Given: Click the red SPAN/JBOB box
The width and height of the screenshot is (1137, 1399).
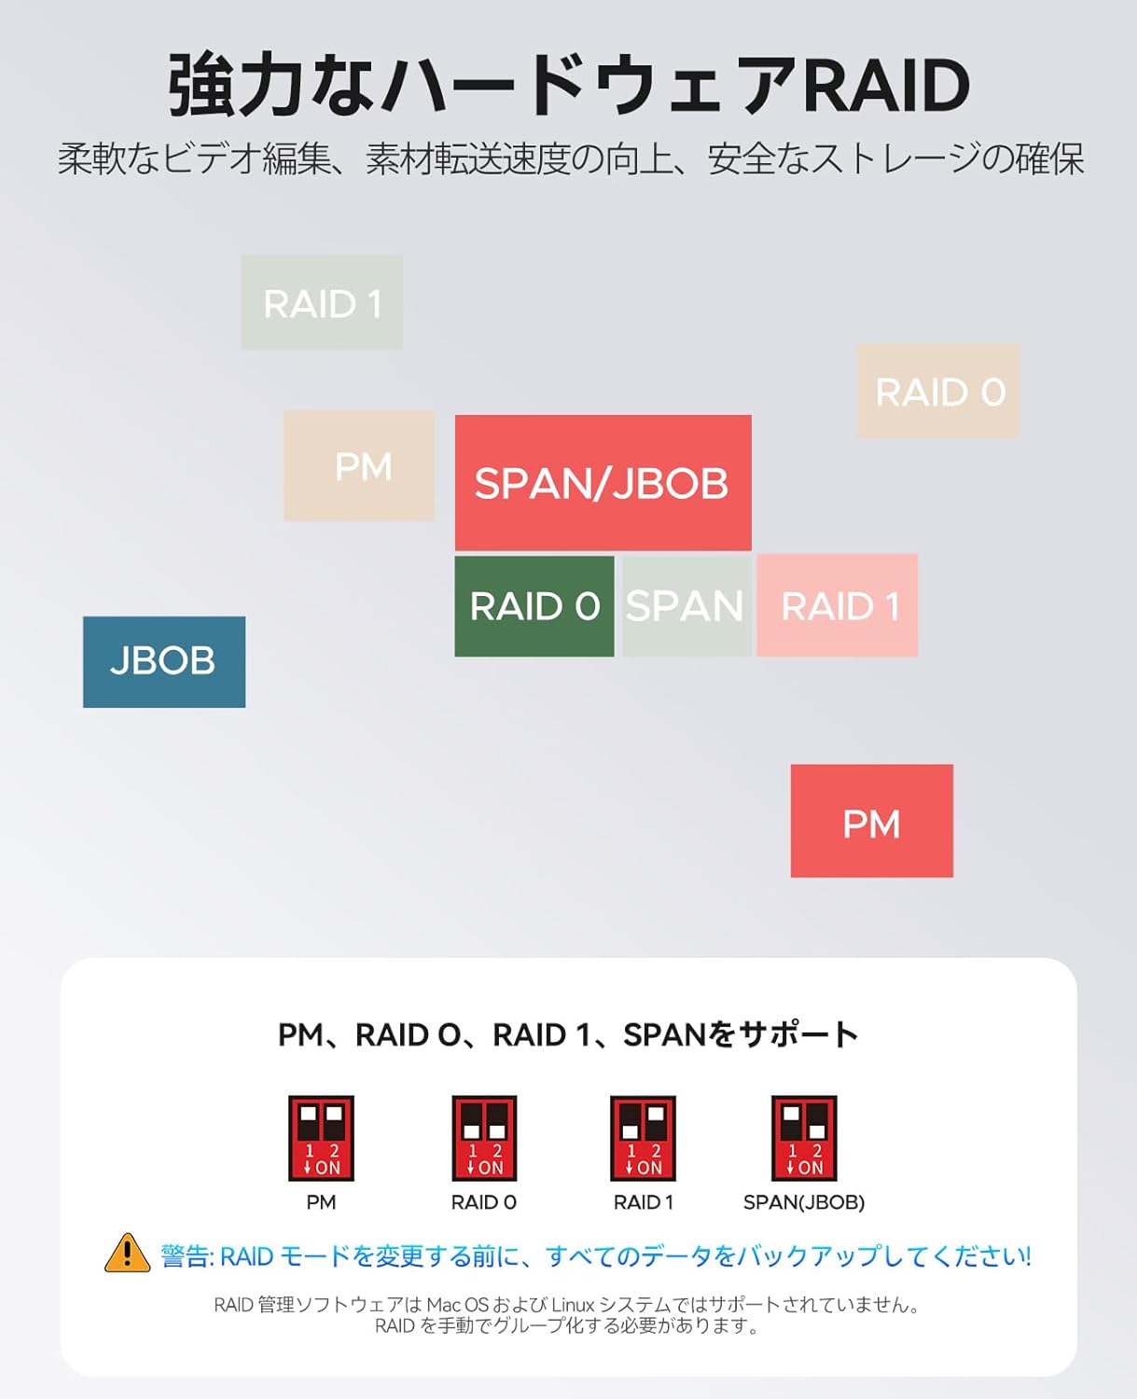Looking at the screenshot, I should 603,482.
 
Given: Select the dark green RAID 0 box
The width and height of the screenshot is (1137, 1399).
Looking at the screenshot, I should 534,606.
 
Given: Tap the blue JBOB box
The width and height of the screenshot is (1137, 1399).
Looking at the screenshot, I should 164,661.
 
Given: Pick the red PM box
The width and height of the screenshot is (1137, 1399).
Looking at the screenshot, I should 871,821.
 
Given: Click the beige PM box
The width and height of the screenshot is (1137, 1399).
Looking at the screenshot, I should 359,465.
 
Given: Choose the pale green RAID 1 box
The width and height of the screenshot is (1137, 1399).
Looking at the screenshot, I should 322,302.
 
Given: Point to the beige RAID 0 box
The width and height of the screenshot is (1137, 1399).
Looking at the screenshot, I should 937,390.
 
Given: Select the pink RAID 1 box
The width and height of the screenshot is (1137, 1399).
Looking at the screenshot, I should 837,605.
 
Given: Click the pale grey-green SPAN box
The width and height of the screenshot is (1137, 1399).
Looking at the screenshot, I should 686,605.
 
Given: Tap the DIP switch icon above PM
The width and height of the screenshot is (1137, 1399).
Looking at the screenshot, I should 321,1138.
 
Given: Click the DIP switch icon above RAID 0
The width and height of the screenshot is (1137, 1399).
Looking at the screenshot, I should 484,1138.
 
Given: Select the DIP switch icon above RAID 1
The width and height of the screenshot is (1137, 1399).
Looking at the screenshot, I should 643,1138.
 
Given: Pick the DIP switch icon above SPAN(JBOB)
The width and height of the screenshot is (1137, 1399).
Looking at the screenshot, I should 804,1138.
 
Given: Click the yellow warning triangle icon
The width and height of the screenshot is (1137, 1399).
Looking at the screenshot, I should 127,1254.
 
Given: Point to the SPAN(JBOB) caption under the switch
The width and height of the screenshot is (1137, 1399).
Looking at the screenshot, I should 804,1202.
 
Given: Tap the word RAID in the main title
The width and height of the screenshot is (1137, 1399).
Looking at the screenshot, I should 885,86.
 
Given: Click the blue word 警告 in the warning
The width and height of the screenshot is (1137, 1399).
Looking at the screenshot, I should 187,1256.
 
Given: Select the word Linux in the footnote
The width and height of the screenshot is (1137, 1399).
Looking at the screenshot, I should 573,1305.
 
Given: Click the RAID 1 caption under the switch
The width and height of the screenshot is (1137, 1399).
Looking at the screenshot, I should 643,1202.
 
